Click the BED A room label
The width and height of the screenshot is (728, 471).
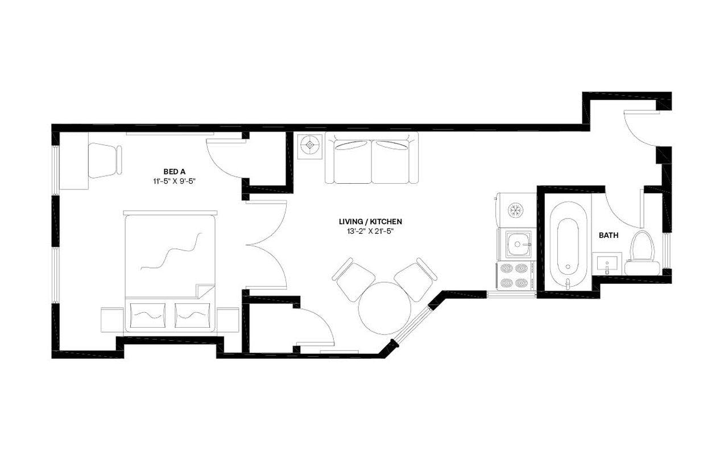point(175,171)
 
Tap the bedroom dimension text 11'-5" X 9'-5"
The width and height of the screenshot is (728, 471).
point(175,181)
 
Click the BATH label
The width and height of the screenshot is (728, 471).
point(609,235)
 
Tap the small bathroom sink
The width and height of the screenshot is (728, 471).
point(606,264)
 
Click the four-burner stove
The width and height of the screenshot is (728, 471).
point(515,276)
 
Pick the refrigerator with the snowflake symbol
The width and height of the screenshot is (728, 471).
point(516,210)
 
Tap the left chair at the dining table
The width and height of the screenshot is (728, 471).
point(353,279)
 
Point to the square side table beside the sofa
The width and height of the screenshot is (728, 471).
point(310,146)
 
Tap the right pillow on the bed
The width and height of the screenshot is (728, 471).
point(192,315)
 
